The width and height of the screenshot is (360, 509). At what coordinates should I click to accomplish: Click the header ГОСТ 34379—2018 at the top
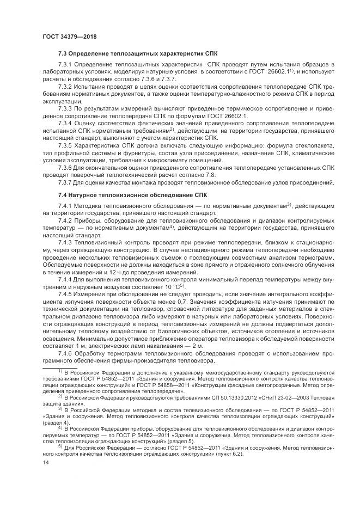coord(64,36)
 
